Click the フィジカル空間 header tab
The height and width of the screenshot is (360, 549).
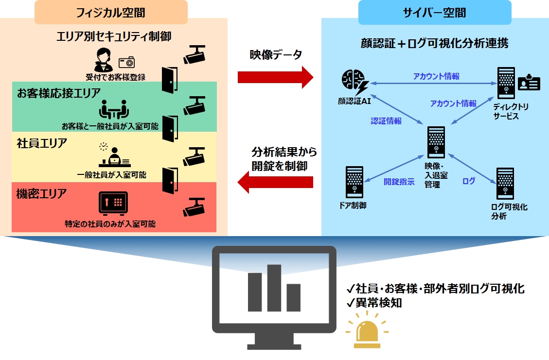click(x=111, y=12)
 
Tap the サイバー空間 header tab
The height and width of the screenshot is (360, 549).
click(x=434, y=12)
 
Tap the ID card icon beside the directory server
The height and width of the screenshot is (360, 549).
click(x=529, y=84)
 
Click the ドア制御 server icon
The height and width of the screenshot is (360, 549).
click(x=354, y=182)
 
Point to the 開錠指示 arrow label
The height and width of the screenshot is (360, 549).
click(x=399, y=182)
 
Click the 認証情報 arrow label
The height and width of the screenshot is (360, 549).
click(x=386, y=121)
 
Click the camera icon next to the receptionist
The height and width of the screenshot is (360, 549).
click(x=126, y=62)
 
